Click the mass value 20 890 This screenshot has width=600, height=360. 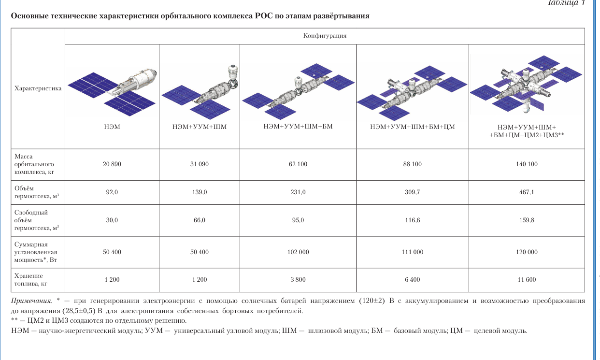tap(112, 164)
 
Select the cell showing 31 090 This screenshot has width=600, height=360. tap(200, 164)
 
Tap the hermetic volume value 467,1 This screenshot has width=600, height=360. tap(527, 192)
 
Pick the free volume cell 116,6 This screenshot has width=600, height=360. tap(412, 220)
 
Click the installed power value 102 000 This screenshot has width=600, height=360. tap(298, 252)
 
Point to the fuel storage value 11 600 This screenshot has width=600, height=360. tap(527, 280)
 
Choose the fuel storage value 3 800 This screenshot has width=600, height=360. tap(298, 280)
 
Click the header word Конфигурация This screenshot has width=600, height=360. tap(325, 36)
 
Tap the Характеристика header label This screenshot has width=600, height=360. tap(38, 88)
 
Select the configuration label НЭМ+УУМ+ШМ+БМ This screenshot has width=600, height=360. tap(298, 127)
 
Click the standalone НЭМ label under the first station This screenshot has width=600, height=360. tap(112, 127)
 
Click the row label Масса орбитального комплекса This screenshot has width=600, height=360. tap(34, 164)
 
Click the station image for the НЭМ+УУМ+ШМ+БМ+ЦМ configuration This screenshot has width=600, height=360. tap(412, 93)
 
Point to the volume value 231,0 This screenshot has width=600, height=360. tap(298, 192)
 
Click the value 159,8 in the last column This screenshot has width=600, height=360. tap(527, 220)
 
